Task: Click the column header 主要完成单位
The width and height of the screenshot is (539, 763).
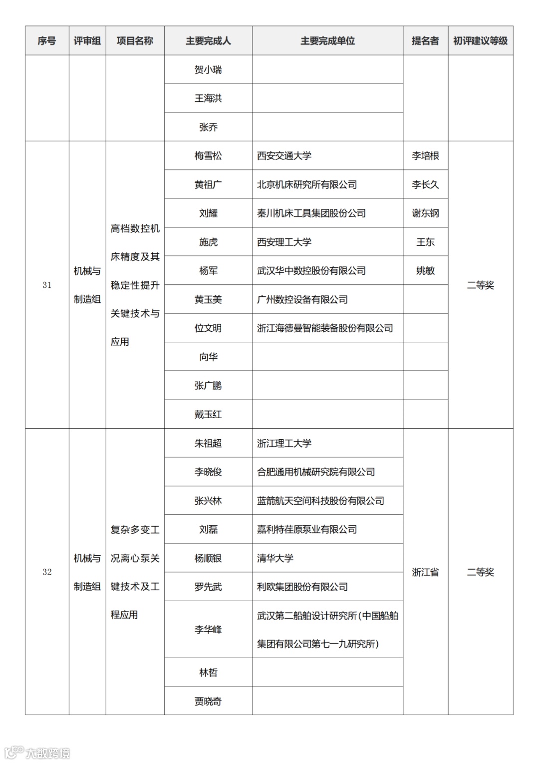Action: [x=327, y=41]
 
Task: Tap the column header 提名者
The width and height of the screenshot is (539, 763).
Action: [x=425, y=41]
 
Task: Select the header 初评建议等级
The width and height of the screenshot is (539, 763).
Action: [x=480, y=41]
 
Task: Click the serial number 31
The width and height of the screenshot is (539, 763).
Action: [x=47, y=285]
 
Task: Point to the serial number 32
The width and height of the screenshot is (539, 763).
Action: [x=47, y=572]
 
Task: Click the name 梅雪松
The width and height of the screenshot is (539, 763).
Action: [x=208, y=156]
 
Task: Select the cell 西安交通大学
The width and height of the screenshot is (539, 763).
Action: [x=284, y=156]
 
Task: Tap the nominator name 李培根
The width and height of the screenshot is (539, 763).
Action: [x=425, y=156]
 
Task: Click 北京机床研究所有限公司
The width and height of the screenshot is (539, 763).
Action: [x=307, y=184]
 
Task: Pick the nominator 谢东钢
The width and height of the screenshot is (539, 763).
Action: [x=425, y=213]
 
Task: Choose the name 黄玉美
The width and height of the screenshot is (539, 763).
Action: [x=208, y=299]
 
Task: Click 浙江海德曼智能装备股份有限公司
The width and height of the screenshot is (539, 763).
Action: [x=325, y=328]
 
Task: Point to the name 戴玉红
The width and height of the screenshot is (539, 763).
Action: [x=208, y=414]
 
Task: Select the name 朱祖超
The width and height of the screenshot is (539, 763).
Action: [x=208, y=443]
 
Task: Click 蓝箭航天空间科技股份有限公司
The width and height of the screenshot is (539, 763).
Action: [x=320, y=501]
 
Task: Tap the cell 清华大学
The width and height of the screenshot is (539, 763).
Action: [x=275, y=558]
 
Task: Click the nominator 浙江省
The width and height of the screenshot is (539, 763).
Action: [x=425, y=572]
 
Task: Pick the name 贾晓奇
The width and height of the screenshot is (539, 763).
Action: [x=208, y=702]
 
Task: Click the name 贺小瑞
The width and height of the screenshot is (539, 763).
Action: [x=208, y=70]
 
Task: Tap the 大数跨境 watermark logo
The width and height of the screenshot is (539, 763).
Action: [x=38, y=753]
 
